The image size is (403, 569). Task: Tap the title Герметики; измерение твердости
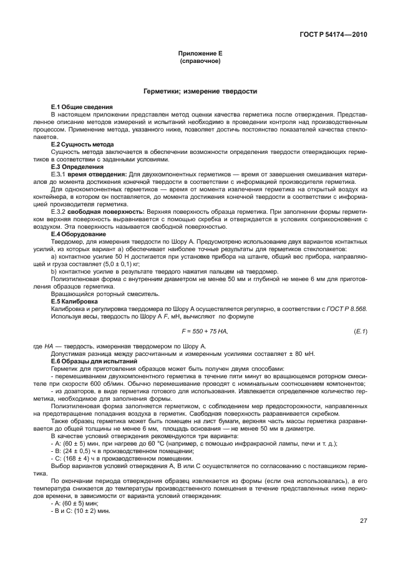click(200, 91)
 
